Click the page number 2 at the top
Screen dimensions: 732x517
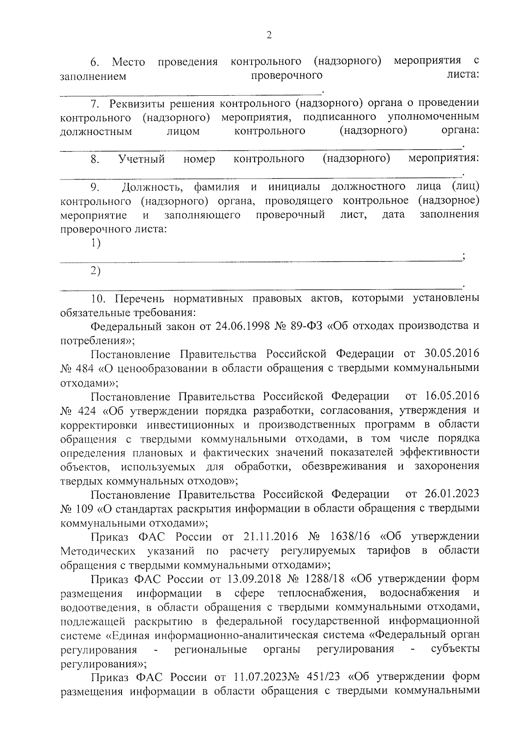(269, 35)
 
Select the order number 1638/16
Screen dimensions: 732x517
(350, 537)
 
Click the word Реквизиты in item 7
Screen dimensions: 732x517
(138, 104)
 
